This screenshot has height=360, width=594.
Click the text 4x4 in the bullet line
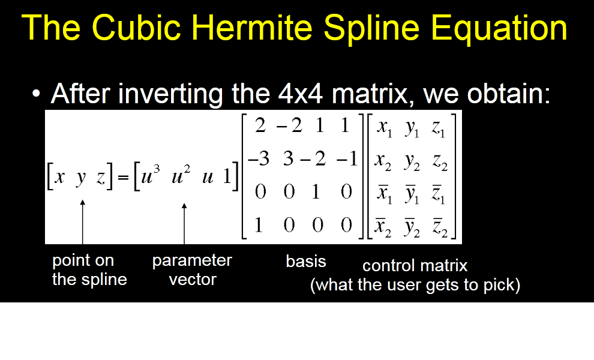[300, 93]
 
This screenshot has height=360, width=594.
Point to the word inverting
[170, 95]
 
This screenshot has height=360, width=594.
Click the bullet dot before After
[36, 94]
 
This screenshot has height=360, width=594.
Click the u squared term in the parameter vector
[181, 175]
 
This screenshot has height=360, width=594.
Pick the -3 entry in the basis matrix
[259, 158]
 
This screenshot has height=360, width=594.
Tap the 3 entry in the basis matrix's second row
[288, 158]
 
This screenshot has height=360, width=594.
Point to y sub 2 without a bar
[412, 162]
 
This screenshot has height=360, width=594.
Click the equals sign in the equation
[123, 177]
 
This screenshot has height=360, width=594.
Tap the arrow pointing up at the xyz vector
[83, 222]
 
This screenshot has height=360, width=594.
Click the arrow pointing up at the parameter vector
[184, 224]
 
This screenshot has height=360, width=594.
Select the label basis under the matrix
[306, 261]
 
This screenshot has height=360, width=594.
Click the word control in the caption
[389, 266]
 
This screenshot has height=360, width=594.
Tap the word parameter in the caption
[192, 261]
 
